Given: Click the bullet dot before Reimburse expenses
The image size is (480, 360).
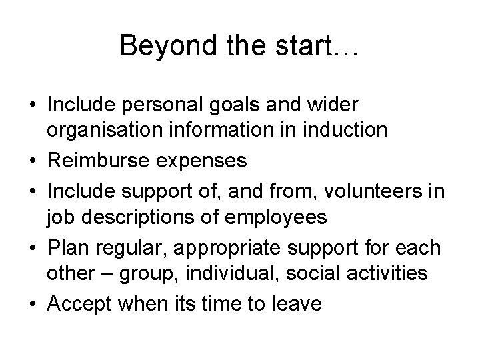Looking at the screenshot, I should click(x=33, y=161).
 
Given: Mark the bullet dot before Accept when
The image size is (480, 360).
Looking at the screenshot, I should click(x=33, y=305).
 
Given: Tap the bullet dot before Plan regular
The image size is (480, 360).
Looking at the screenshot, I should click(x=33, y=248).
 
